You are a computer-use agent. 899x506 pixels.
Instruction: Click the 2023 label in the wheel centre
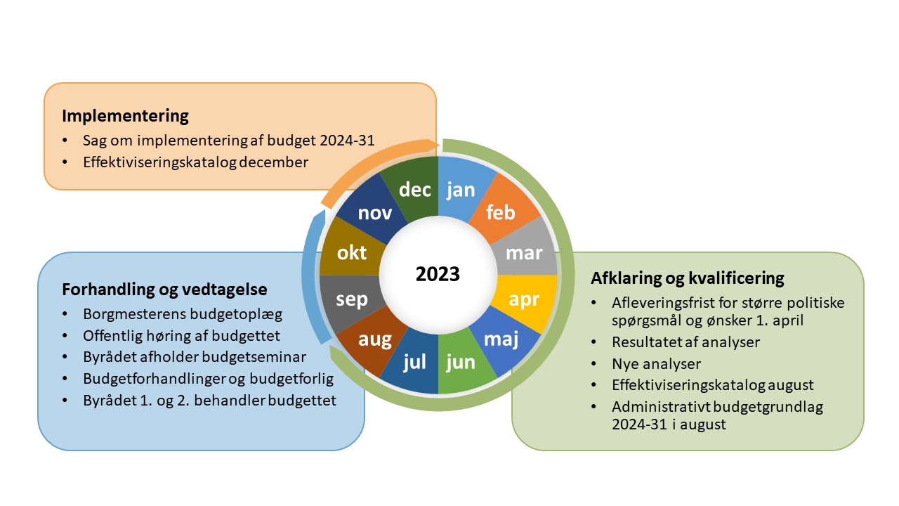point(438,274)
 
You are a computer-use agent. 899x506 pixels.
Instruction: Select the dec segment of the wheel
point(414,189)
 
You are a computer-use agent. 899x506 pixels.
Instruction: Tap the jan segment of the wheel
point(461,189)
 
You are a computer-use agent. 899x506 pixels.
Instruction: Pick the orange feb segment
point(501,212)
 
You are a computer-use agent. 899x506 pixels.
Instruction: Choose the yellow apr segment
point(525,299)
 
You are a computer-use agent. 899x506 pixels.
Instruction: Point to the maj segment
point(501,339)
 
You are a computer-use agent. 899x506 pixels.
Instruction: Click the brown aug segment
point(374,339)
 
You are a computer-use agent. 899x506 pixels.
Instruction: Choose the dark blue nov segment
point(374,212)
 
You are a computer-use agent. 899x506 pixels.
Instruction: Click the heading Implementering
point(125,116)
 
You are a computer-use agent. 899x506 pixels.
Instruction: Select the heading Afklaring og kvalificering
point(688,278)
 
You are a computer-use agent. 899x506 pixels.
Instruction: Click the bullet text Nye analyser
point(656,364)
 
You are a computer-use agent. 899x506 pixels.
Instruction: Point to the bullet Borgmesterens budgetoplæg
point(183,314)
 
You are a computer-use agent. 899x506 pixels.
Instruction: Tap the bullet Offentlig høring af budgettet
point(181,336)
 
